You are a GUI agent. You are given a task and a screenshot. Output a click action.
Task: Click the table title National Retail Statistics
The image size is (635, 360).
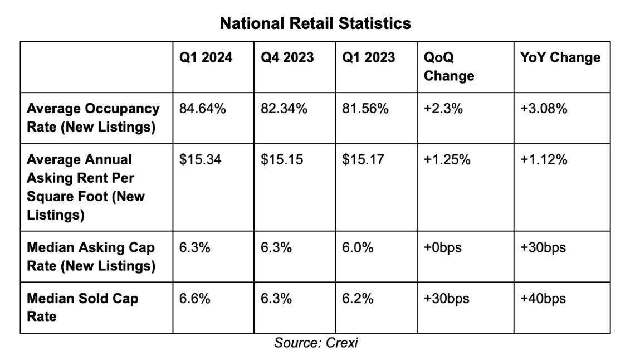point(315,23)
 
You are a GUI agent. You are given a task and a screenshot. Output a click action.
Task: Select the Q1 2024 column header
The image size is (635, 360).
point(206,57)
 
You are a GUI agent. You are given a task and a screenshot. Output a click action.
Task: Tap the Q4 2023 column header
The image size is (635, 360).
point(287,57)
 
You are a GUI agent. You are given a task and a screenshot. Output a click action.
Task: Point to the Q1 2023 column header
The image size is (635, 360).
point(368,57)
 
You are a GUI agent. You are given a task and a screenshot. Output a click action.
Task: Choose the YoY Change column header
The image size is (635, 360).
point(560,57)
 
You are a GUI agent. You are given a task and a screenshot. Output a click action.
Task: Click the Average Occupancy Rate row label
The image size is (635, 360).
point(93,118)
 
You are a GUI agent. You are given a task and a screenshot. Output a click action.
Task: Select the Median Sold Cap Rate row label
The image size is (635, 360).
point(82,307)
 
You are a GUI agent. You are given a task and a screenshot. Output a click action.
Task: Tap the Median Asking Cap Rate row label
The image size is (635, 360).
point(91,256)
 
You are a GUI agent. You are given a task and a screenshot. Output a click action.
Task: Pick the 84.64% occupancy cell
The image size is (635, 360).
point(202,109)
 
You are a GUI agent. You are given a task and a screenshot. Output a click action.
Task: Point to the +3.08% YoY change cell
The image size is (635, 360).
point(544,109)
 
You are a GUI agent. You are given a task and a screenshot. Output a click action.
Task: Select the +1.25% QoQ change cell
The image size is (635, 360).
point(447,160)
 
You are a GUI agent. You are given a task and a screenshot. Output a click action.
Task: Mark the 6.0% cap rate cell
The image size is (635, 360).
point(358,247)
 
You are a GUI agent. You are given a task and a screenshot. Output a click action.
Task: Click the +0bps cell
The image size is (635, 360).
point(443,247)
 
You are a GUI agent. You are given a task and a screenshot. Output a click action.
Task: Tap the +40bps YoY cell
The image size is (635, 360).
point(543,299)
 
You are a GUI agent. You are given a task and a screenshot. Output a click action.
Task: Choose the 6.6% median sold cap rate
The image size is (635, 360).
point(195,299)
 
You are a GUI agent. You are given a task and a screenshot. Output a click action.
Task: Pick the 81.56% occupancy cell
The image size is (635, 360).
point(365,109)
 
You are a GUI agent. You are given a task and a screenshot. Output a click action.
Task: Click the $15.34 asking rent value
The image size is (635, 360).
point(201,160)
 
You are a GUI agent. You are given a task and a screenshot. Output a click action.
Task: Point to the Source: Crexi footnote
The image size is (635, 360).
point(316,343)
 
